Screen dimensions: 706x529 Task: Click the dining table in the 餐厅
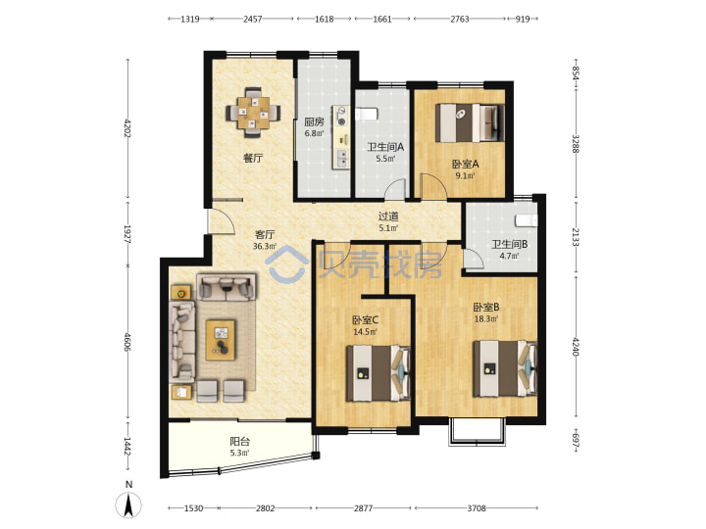coord(253,113)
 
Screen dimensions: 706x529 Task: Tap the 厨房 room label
coord(314,121)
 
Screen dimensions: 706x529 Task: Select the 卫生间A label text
coord(385,147)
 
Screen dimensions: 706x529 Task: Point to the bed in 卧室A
coord(470,122)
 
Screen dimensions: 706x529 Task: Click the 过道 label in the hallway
coord(388,216)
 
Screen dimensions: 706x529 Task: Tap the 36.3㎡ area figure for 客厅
coord(265,246)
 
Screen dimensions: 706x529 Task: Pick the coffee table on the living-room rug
coord(221,340)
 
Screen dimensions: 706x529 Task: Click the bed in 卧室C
coord(378,373)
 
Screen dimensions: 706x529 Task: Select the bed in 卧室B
coord(505,369)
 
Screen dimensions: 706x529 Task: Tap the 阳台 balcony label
coord(240,441)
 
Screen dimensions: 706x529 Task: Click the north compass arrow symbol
coord(128,505)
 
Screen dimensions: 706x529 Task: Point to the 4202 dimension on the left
coord(127,128)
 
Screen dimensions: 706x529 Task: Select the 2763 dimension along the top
coord(459,19)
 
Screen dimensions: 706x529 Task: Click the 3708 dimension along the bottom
coord(477,508)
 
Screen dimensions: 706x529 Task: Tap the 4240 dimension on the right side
coord(575,346)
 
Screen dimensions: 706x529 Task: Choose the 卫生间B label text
coord(509,244)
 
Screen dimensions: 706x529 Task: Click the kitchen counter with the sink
coord(342,137)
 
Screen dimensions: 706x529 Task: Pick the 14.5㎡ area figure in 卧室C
coord(365,332)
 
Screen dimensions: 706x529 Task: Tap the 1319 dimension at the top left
coord(189,19)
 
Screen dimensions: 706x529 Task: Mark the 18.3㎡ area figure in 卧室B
coord(485,319)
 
